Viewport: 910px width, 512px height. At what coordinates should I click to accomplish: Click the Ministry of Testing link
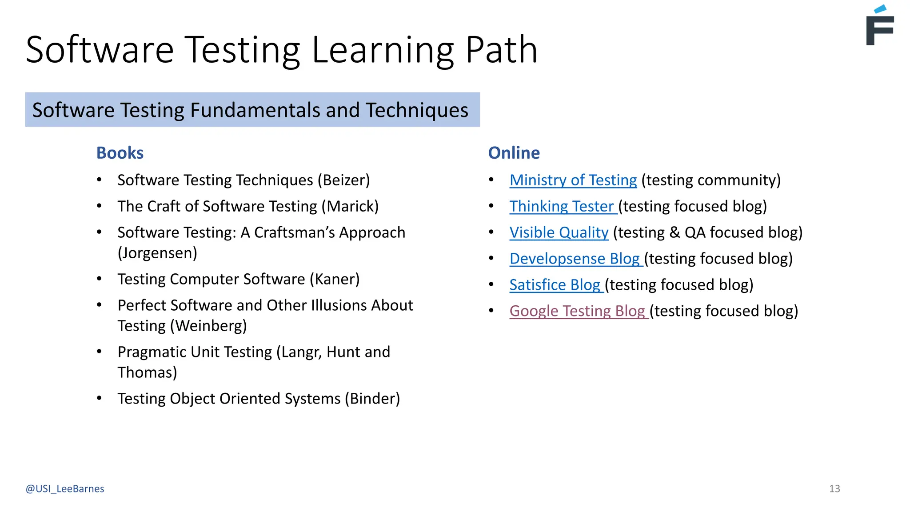point(573,180)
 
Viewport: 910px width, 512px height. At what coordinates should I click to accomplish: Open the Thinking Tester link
point(562,206)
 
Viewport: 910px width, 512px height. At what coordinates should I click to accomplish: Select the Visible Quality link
point(559,232)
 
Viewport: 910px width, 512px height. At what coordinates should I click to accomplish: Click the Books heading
point(120,153)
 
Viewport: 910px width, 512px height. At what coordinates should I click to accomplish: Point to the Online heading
point(514,153)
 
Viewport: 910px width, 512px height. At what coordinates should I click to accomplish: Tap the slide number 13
point(834,489)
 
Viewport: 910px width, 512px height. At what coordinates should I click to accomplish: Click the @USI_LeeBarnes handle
point(65,489)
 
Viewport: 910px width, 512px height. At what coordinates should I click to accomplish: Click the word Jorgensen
point(157,253)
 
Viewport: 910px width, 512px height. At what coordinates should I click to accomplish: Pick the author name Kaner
point(335,279)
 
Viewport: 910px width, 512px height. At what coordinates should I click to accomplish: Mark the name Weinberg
point(208,326)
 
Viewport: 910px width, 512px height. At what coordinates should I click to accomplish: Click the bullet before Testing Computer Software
point(99,279)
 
